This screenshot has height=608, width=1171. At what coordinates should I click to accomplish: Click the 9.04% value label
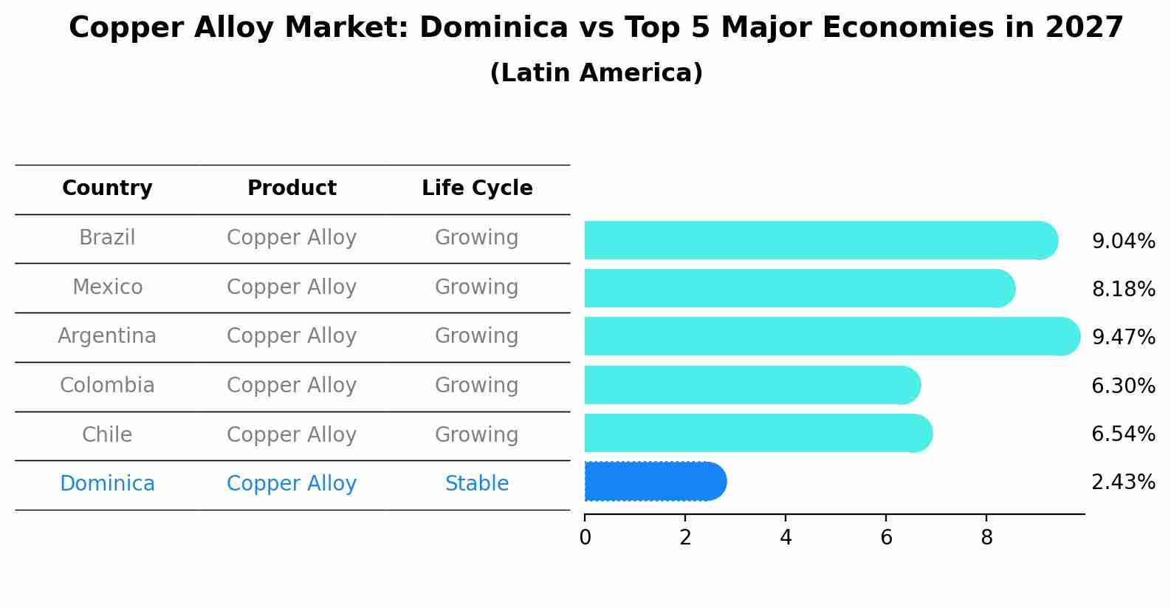1123,242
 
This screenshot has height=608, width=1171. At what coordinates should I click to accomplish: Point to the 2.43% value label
1123,482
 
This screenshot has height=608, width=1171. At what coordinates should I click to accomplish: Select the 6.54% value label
1123,434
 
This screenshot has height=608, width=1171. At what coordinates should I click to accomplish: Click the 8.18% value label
1123,290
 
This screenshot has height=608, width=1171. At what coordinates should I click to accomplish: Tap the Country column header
107,188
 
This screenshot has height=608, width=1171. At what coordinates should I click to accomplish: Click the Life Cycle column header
477,188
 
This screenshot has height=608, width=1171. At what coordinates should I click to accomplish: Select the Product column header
292,188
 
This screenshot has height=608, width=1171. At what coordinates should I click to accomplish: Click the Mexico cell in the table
107,287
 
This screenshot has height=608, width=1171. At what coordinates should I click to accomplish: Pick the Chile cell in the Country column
107,434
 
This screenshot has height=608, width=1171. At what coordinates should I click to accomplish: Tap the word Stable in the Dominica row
477,484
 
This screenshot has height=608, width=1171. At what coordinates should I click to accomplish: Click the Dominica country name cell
107,484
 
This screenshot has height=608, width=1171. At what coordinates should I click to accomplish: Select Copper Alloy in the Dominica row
292,484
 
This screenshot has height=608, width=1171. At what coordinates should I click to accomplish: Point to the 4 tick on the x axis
786,538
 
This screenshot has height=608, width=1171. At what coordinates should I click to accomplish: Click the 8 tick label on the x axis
986,538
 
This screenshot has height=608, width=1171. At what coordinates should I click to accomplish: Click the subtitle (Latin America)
596,73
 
